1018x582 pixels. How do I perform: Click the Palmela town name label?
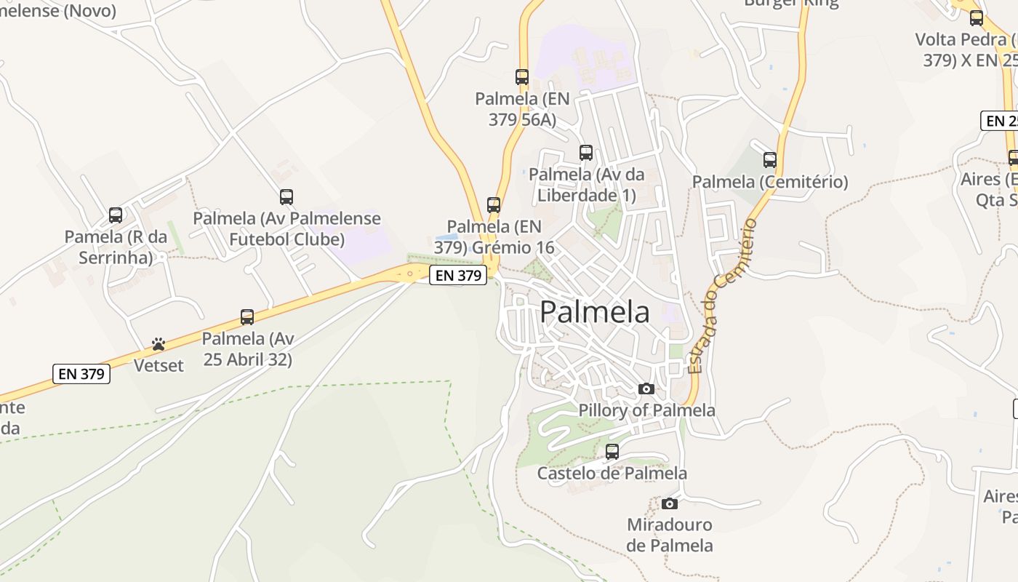[x=595, y=312]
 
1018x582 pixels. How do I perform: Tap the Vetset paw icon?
[x=159, y=343]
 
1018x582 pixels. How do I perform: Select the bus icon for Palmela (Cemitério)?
[x=770, y=160]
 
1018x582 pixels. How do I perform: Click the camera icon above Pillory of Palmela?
[x=646, y=389]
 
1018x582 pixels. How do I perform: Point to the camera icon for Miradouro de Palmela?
[x=670, y=503]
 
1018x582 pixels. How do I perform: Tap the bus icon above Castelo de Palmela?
[x=612, y=452]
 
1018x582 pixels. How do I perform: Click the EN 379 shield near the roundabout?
[x=457, y=276]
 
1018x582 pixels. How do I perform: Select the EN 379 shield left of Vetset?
[x=81, y=374]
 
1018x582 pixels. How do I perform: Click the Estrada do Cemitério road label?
[x=721, y=297]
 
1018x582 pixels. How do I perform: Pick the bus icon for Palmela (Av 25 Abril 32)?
[x=247, y=317]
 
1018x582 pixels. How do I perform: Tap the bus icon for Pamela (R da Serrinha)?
[x=116, y=215]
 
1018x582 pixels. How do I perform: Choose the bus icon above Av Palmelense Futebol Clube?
[x=286, y=197]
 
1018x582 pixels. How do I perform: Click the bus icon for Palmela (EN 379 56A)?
[x=522, y=77]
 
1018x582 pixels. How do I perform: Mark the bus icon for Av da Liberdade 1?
[x=586, y=153]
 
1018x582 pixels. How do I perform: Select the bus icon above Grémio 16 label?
[x=494, y=205]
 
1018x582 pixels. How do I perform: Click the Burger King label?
[x=791, y=3]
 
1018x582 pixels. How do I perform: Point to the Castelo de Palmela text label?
[x=612, y=474]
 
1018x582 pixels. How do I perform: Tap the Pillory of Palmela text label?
[x=646, y=410]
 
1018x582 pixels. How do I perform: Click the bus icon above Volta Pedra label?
[x=977, y=19]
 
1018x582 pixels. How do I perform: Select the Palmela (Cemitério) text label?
[x=770, y=182]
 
